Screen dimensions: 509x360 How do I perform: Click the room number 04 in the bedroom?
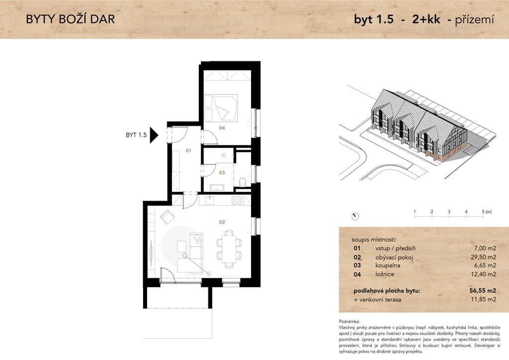[x=222, y=128]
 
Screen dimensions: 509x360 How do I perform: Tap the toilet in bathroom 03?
[x=243, y=182]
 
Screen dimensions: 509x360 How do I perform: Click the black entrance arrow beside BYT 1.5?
[x=154, y=135]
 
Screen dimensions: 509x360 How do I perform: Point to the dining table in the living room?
[x=229, y=249]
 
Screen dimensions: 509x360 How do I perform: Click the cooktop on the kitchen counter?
[x=237, y=200]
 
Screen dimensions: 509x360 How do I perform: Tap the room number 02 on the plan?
[x=222, y=222]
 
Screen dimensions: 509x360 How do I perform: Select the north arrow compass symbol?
[x=355, y=216]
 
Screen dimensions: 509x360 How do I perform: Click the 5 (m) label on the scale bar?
[x=487, y=212]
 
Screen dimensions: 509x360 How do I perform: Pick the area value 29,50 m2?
[x=483, y=257]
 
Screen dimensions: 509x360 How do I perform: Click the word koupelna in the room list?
[x=388, y=266]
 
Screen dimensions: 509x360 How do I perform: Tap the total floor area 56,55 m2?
[x=483, y=290]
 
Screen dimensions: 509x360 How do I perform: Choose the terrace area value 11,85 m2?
[x=483, y=299]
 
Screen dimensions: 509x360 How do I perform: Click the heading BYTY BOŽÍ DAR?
[x=71, y=19]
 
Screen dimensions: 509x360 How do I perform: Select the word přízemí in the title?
[x=474, y=20]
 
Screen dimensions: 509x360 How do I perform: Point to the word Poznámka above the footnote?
[x=349, y=321]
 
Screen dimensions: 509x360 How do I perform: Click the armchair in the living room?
[x=168, y=217]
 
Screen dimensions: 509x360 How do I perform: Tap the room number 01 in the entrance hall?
[x=188, y=151]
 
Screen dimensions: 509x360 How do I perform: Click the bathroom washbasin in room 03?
[x=217, y=187]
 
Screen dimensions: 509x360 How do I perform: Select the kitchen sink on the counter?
[x=210, y=200]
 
